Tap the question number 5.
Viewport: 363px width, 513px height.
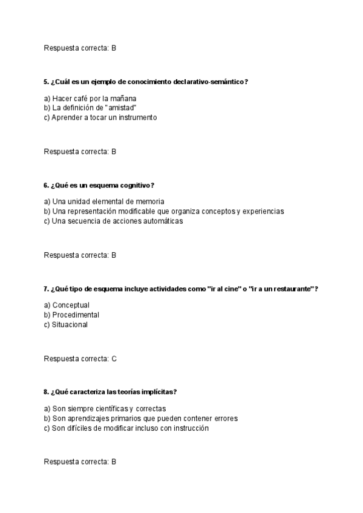pyautogui.click(x=46, y=82)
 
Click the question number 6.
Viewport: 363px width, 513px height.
pyautogui.click(x=46, y=185)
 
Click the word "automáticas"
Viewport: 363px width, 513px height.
pyautogui.click(x=161, y=221)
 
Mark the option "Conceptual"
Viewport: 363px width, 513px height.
pyautogui.click(x=71, y=305)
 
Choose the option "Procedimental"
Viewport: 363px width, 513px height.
pyautogui.click(x=76, y=315)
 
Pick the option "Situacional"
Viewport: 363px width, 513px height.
pyautogui.click(x=70, y=324)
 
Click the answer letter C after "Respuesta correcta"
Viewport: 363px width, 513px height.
pyautogui.click(x=114, y=359)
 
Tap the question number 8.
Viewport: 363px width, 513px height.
pyautogui.click(x=46, y=392)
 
